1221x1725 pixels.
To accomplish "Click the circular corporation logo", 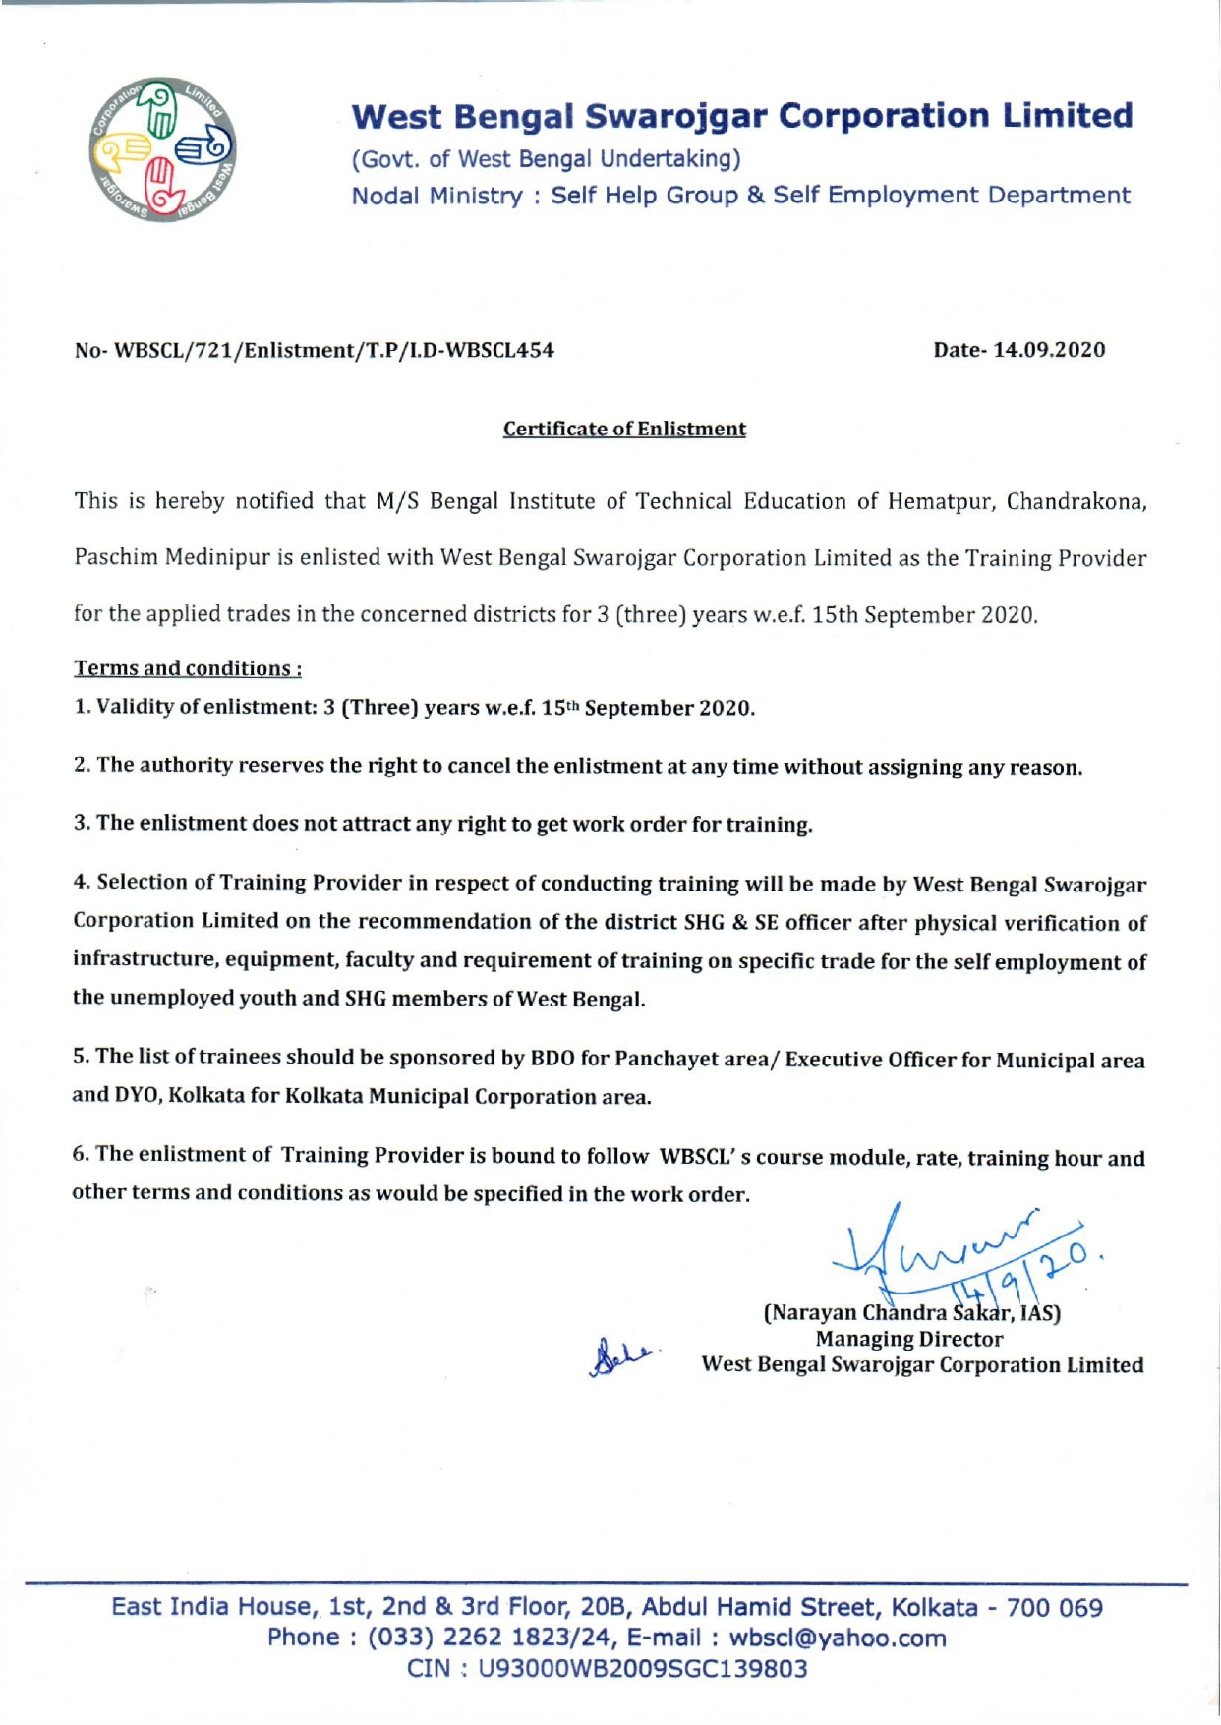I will tap(162, 149).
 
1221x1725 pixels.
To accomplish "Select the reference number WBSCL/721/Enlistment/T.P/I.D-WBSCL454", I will tap(334, 350).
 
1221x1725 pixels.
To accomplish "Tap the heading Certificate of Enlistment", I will tap(624, 429).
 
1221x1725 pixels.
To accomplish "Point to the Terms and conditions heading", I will tap(188, 668).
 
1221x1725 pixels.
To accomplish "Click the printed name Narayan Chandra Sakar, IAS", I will tap(911, 1313).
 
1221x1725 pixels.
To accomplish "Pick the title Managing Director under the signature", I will tap(909, 1339).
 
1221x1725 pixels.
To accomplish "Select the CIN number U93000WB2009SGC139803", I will tap(642, 1669).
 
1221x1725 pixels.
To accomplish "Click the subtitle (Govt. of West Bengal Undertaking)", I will tap(547, 158).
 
